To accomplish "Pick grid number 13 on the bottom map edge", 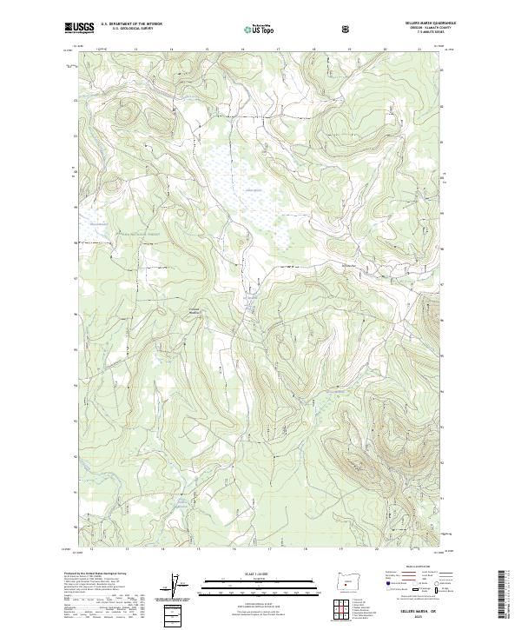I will tap(127, 549).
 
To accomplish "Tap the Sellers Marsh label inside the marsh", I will tap(251, 189).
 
